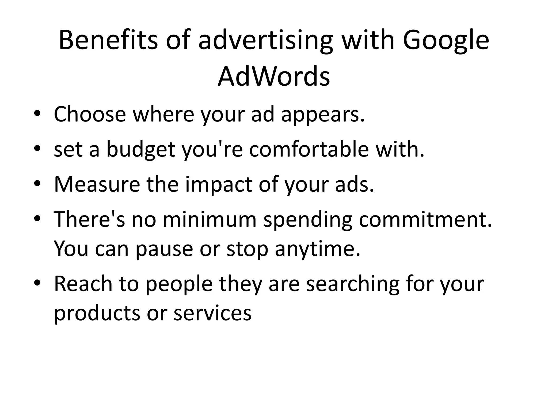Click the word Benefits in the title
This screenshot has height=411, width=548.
pyautogui.click(x=108, y=40)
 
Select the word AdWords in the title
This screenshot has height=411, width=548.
pyautogui.click(x=274, y=77)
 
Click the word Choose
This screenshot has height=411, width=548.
pyautogui.click(x=90, y=114)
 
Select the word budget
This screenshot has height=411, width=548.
pyautogui.click(x=141, y=150)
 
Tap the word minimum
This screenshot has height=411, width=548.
pyautogui.click(x=210, y=219)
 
